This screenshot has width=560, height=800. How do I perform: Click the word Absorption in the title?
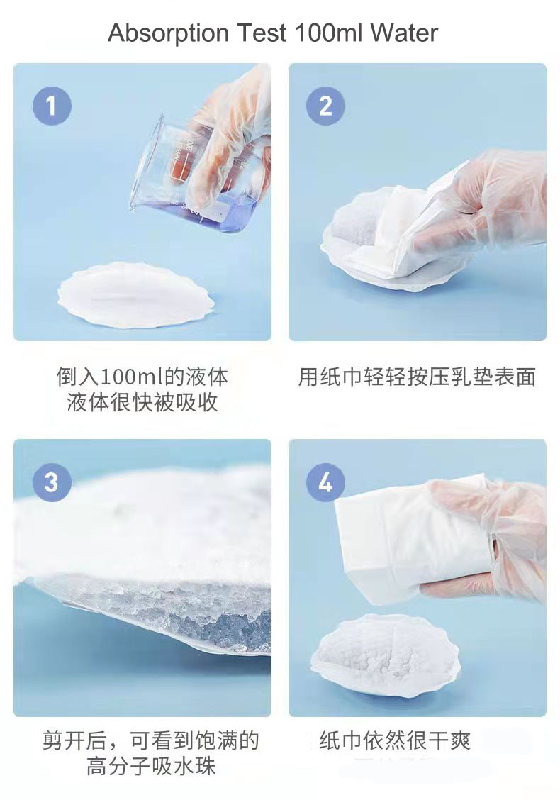pyautogui.click(x=168, y=33)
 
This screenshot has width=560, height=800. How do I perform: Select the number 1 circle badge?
pyautogui.click(x=52, y=106)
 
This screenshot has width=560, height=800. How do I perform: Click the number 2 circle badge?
pyautogui.click(x=325, y=106)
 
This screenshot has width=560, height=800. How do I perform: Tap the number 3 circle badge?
pyautogui.click(x=52, y=482)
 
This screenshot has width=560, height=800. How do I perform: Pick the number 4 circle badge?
pyautogui.click(x=325, y=482)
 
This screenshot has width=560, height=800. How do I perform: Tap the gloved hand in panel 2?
pyautogui.click(x=482, y=206)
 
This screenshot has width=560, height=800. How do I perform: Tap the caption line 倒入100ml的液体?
pyautogui.click(x=142, y=377)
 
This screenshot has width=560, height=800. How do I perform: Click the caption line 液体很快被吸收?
pyautogui.click(x=142, y=403)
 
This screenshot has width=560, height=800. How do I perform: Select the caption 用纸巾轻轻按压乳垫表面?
pyautogui.click(x=417, y=377)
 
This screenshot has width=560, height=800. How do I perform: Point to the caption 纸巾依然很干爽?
pyautogui.click(x=395, y=741)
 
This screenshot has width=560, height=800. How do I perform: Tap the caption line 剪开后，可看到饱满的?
pyautogui.click(x=150, y=741)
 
